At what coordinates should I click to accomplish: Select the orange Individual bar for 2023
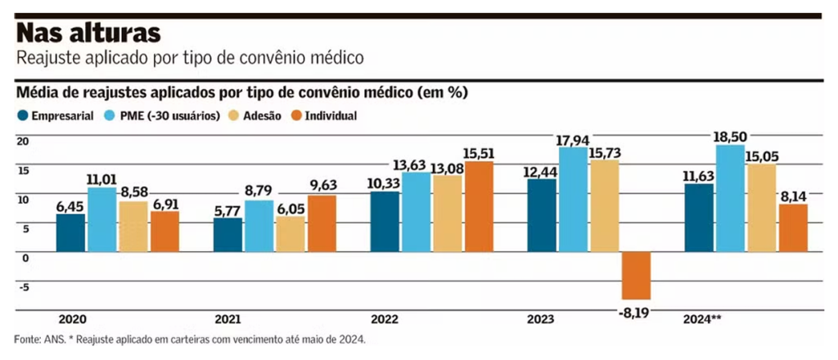coord(636,276)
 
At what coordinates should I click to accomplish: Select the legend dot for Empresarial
coord(23,116)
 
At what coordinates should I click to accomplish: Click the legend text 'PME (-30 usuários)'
coord(171,116)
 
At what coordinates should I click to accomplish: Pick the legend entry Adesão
coord(262,116)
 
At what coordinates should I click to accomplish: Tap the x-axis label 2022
coord(385,319)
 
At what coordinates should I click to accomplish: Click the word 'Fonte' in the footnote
coord(27,339)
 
